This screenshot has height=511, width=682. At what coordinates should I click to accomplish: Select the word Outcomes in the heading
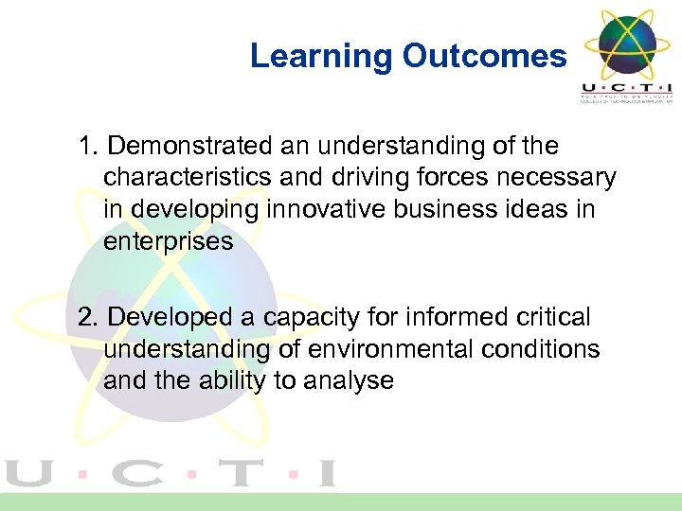pyautogui.click(x=484, y=57)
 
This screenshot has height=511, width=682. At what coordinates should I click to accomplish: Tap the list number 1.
pyautogui.click(x=88, y=147)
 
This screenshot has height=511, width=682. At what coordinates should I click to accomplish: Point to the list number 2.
pyautogui.click(x=88, y=318)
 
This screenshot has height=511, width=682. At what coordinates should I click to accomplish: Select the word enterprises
pyautogui.click(x=168, y=241)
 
